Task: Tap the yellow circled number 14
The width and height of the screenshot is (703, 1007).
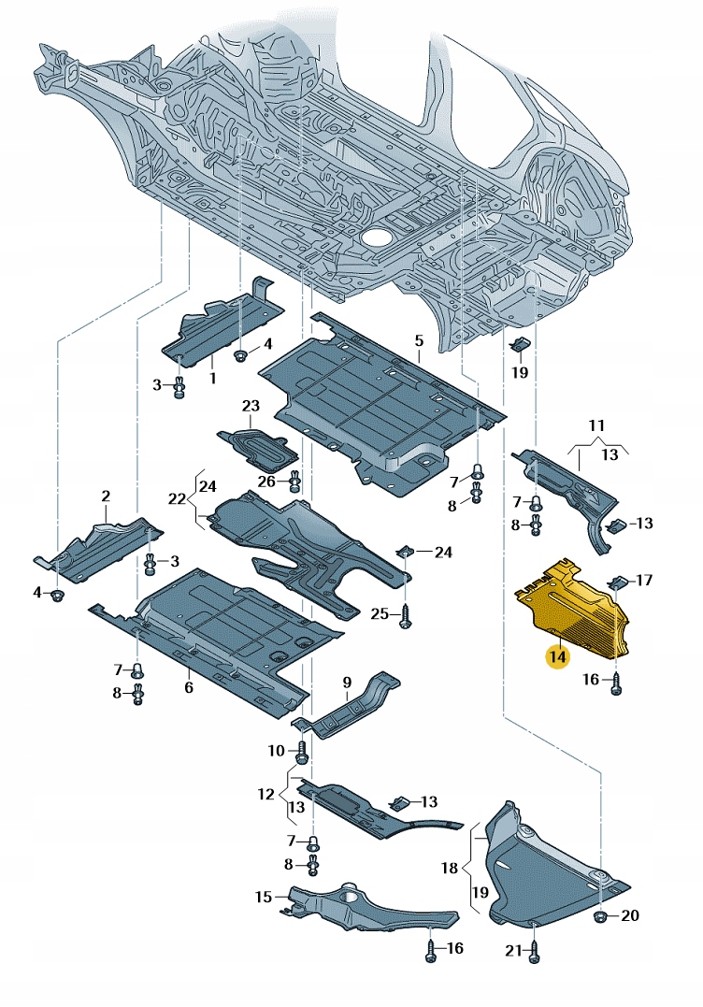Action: click(558, 656)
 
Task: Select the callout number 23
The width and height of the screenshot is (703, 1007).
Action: click(250, 406)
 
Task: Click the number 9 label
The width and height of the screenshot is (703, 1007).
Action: click(346, 682)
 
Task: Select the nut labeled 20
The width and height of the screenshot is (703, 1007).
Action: click(599, 914)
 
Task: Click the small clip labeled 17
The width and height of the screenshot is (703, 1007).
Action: click(617, 583)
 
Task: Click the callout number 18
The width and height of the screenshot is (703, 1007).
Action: click(450, 868)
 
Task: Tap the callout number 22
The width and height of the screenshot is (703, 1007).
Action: click(178, 500)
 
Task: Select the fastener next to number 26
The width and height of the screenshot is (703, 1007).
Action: click(294, 482)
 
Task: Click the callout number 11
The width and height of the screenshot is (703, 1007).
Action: click(597, 426)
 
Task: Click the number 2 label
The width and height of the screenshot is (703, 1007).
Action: click(106, 496)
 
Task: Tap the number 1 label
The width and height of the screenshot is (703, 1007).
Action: click(212, 379)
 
